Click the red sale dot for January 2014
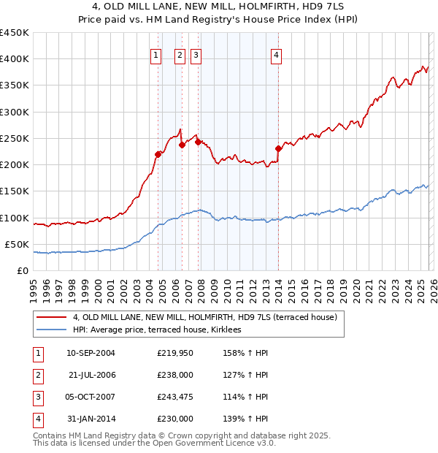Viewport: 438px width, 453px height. (x=278, y=149)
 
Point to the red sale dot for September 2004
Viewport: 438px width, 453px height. (x=158, y=154)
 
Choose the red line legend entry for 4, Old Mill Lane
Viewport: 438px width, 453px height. (x=204, y=318)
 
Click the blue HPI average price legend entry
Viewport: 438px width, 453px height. (x=161, y=330)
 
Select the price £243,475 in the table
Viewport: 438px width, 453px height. (x=175, y=398)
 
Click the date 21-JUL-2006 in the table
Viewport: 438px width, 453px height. (x=91, y=376)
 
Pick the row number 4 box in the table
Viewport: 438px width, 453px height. (x=37, y=419)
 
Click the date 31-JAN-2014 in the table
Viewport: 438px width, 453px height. (x=91, y=419)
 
